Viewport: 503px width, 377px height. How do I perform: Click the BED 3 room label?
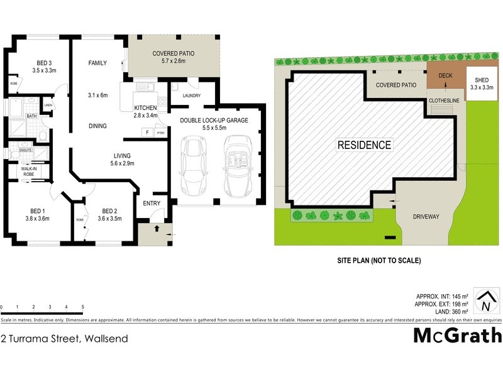43,62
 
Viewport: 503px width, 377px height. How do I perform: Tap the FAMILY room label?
97,63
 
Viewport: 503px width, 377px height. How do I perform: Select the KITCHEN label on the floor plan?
145,108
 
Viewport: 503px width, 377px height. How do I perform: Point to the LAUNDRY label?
191,96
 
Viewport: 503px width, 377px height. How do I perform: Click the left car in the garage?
191,167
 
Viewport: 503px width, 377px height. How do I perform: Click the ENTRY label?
152,203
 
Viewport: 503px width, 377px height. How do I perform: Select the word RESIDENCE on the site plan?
364,145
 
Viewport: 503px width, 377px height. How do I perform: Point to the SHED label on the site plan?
482,80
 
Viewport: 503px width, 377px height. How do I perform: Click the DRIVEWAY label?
426,217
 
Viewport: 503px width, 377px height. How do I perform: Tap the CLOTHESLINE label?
445,100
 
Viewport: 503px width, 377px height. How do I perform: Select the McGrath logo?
457,336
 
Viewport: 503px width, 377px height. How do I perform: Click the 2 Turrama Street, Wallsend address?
65,339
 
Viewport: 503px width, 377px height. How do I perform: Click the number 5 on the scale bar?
83,307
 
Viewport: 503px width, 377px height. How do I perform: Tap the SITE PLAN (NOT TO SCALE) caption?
378,260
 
